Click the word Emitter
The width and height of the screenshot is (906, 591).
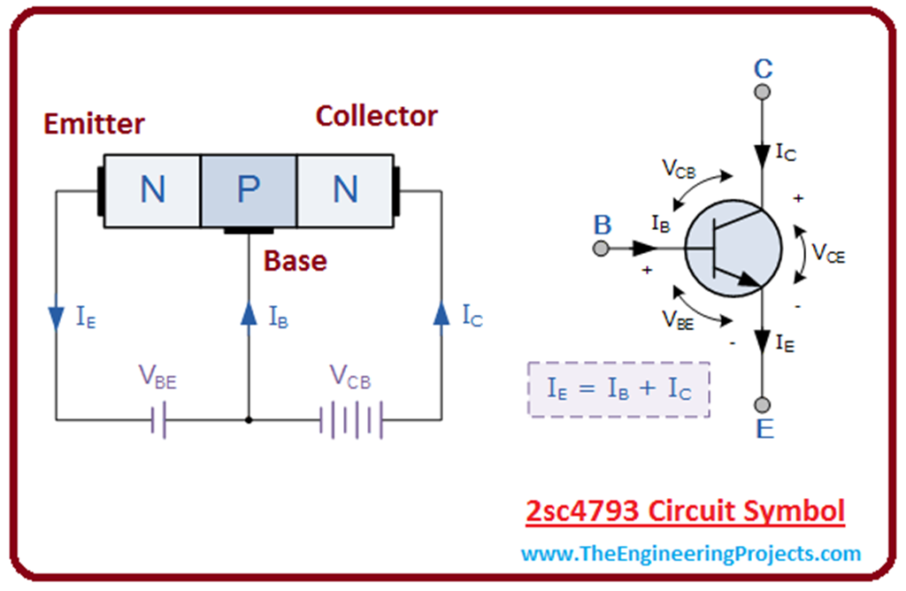click(x=94, y=123)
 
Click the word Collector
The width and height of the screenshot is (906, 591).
click(x=377, y=116)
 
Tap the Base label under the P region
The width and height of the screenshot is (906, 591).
click(x=296, y=261)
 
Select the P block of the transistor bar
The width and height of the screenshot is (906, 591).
click(x=248, y=190)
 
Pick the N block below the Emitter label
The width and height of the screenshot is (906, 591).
click(x=152, y=190)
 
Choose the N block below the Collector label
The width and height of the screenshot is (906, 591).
click(x=344, y=190)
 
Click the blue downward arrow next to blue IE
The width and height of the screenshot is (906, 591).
click(x=57, y=315)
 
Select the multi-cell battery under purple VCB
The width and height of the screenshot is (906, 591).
click(x=351, y=419)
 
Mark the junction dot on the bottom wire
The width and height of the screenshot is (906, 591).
click(x=249, y=419)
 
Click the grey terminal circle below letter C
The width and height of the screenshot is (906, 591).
click(x=762, y=91)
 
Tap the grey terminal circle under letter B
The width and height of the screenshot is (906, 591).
click(x=602, y=249)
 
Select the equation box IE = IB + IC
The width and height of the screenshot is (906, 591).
click(x=619, y=388)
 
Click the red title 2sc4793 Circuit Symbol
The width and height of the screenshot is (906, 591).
click(x=685, y=511)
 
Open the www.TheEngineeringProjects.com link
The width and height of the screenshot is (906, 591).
click(x=690, y=554)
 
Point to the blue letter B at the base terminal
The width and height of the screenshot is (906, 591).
click(x=603, y=225)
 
